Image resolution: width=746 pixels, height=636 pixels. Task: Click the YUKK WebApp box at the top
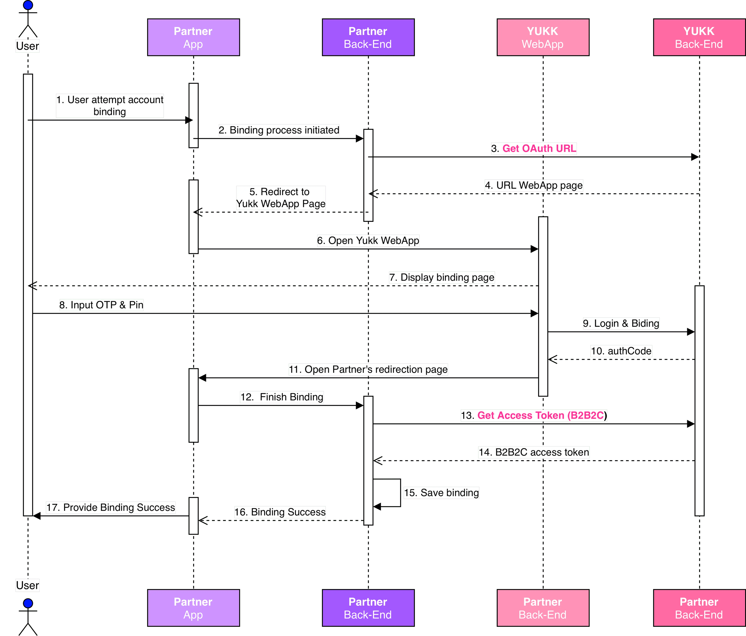point(543,37)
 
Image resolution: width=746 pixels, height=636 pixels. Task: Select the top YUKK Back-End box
point(699,37)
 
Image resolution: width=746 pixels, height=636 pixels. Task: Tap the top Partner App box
point(193,37)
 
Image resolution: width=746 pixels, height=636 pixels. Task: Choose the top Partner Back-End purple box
point(368,37)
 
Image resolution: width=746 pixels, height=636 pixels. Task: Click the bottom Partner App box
point(193,608)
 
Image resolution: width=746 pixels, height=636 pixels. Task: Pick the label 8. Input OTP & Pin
point(101,305)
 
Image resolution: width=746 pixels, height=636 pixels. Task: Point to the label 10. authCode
point(621,351)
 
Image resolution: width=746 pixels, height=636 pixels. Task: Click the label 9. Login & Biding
point(621,323)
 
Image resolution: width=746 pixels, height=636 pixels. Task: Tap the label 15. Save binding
point(441,493)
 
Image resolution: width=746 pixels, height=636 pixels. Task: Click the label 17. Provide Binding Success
point(111,507)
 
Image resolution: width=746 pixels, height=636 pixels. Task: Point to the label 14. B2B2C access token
point(534,452)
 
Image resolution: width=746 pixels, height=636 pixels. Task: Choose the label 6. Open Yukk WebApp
point(368,240)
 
